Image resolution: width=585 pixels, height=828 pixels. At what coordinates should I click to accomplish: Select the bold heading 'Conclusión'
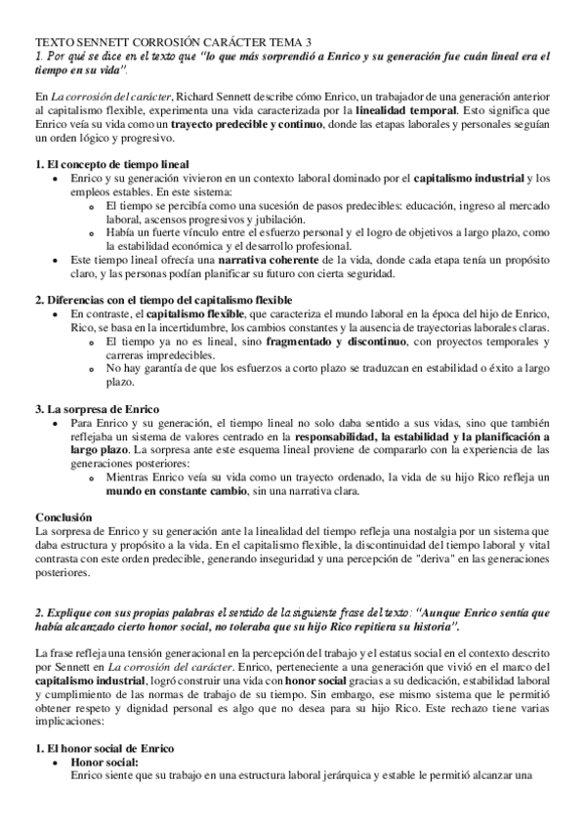63,516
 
